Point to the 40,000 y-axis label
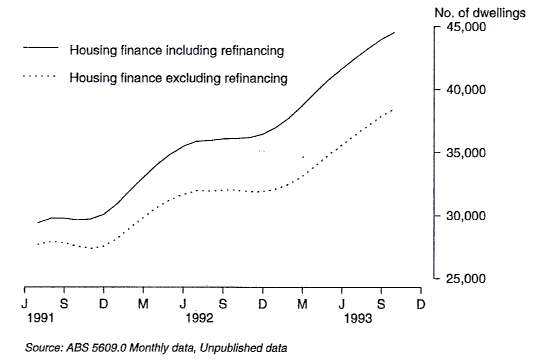pos(465,90)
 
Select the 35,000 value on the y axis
pos(465,153)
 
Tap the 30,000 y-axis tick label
pos(465,216)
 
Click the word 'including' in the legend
pos(192,48)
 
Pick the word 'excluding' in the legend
pos(193,77)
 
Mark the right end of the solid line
pos(395,33)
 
